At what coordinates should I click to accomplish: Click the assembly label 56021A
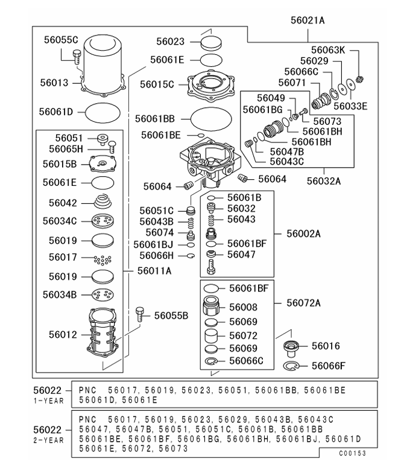click(x=308, y=20)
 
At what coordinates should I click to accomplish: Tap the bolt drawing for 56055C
click(x=76, y=56)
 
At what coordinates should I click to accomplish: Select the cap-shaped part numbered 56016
click(x=292, y=348)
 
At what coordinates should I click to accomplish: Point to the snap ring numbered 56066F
click(x=292, y=366)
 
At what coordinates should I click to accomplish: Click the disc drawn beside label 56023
click(x=210, y=42)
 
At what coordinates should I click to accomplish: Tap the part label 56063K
click(x=328, y=50)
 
